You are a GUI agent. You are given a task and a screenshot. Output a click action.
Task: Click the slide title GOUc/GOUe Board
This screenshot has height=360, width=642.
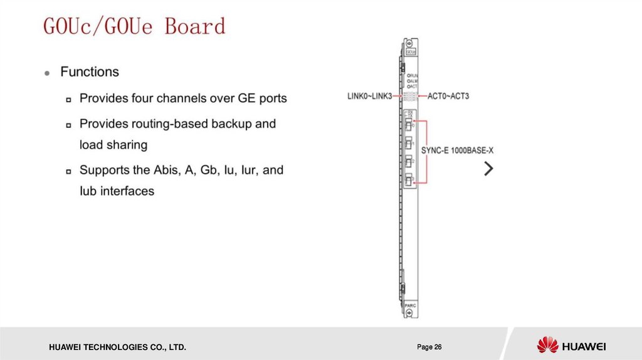click(x=134, y=26)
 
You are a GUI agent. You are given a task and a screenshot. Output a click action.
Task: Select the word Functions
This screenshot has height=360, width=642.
click(x=89, y=72)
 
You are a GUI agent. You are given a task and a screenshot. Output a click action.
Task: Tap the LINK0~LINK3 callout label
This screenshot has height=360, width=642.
click(x=369, y=96)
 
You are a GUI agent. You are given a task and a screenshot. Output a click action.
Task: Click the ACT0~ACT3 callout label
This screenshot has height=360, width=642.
click(x=448, y=96)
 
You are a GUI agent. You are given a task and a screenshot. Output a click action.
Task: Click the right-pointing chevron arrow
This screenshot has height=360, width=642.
click(x=489, y=169)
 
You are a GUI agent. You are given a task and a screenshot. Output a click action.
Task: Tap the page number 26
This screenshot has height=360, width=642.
click(x=429, y=347)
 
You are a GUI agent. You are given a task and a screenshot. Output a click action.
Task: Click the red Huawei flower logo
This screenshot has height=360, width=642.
click(x=547, y=345)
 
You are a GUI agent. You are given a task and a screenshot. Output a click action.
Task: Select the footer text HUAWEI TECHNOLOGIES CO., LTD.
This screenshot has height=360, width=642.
click(x=113, y=347)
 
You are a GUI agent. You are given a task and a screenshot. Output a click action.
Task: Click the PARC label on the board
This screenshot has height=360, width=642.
click(x=409, y=305)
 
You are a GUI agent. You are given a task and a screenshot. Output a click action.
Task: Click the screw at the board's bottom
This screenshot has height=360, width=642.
click(x=409, y=314)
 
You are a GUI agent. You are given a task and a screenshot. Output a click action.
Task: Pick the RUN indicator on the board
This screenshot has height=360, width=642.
click(x=413, y=75)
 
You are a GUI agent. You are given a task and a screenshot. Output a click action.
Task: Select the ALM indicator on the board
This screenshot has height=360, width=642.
click(x=413, y=81)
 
